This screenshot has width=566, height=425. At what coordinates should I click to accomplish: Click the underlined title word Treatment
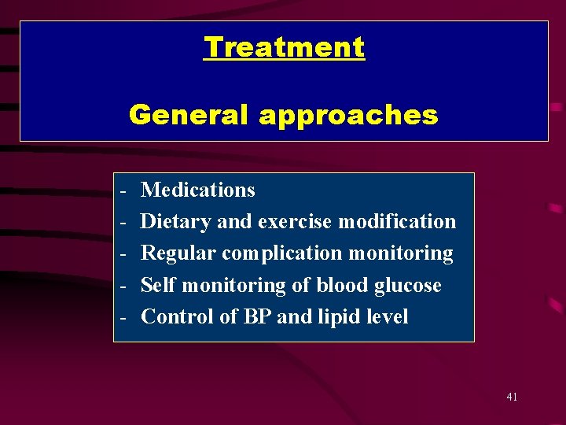pyautogui.click(x=284, y=47)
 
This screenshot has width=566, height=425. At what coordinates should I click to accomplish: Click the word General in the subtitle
pyautogui.click(x=189, y=115)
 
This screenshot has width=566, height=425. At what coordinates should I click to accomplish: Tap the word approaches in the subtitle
pyautogui.click(x=347, y=115)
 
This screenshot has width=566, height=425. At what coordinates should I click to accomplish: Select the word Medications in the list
pyautogui.click(x=198, y=190)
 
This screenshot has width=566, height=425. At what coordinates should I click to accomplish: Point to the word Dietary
pyautogui.click(x=176, y=222)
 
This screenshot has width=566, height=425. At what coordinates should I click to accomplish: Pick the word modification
pyautogui.click(x=397, y=222)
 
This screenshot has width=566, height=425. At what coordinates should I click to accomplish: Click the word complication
pyautogui.click(x=282, y=254)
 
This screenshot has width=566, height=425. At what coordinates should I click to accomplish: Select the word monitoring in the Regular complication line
pyautogui.click(x=400, y=254)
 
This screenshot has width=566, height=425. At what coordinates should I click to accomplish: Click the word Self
pyautogui.click(x=157, y=285)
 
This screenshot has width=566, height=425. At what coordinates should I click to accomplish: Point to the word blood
pyautogui.click(x=339, y=285)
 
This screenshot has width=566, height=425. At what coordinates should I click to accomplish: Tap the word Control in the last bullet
pyautogui.click(x=173, y=316)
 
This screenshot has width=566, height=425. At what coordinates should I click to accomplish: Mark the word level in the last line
pyautogui.click(x=389, y=316)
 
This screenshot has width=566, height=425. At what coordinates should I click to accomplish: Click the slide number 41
pyautogui.click(x=512, y=397)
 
